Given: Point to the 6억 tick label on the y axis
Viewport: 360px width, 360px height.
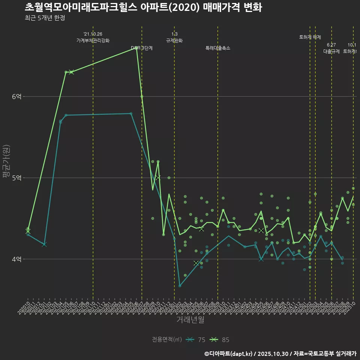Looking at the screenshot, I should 16,96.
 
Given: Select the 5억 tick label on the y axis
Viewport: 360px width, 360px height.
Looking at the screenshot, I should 16,178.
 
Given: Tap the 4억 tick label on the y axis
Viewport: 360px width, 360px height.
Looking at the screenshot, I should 16,259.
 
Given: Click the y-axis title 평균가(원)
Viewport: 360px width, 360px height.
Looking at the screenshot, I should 6,161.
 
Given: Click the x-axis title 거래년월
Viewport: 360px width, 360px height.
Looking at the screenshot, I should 190,320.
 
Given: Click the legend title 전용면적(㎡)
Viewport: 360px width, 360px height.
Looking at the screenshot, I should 167,340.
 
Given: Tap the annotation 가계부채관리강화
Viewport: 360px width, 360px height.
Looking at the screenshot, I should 93,40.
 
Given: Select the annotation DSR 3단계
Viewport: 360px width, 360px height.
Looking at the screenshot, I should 142,48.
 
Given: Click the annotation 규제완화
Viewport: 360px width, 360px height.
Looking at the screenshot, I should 174,40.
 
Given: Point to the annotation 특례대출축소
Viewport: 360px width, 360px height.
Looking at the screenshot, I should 218,48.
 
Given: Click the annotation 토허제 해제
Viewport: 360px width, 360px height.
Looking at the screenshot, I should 310,37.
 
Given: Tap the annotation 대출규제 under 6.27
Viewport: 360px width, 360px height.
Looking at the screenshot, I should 331,51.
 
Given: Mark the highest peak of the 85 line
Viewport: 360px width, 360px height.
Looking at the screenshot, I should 136,48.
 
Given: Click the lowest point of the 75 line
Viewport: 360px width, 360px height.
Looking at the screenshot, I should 180,286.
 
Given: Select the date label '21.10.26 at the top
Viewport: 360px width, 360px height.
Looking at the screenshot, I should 93,34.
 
